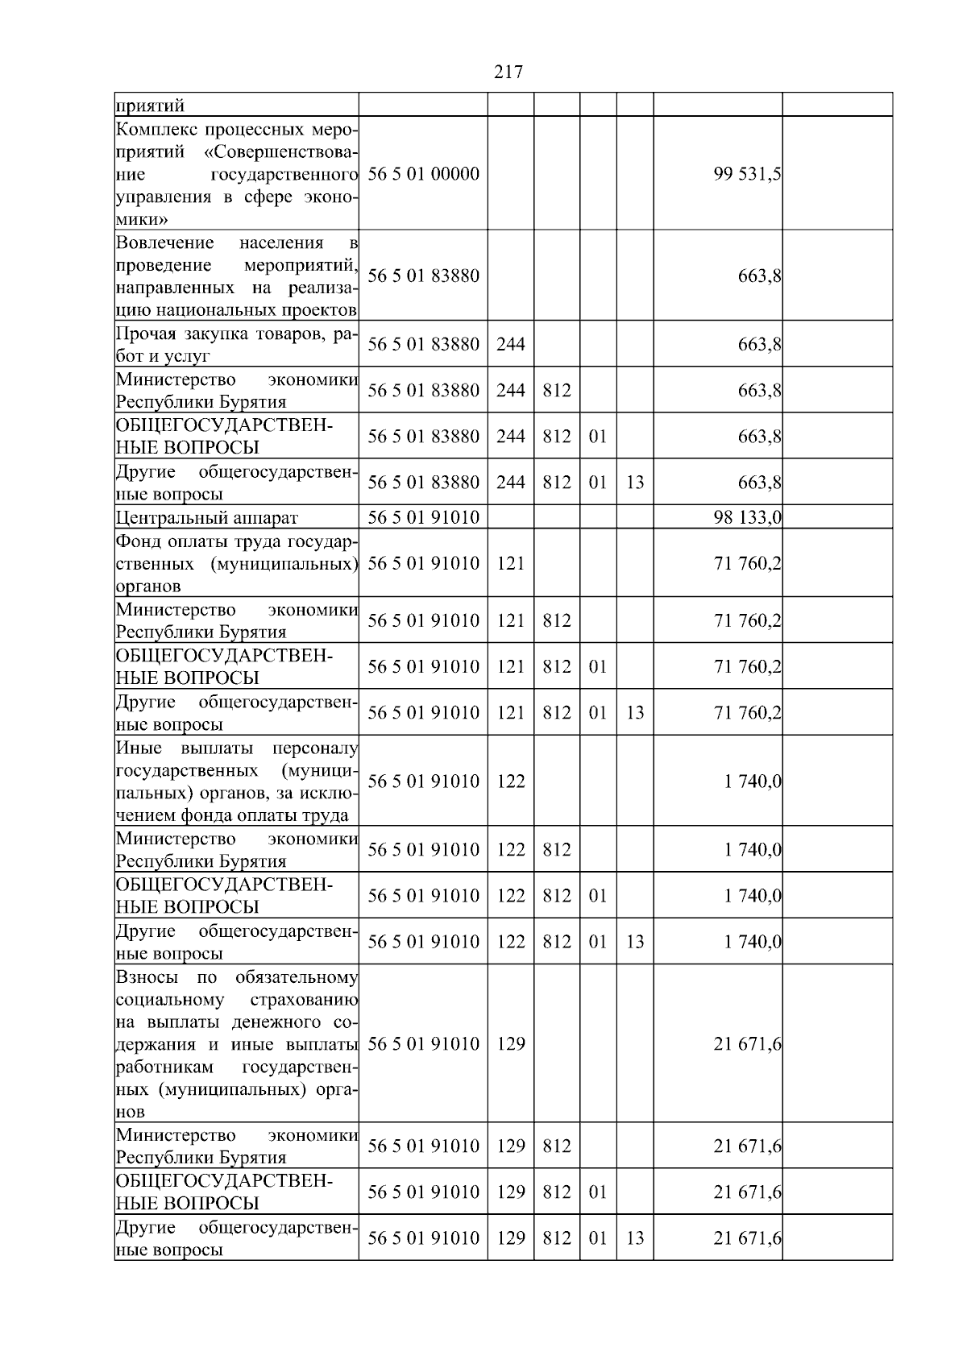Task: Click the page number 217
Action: (x=508, y=73)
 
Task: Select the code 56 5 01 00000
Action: (x=423, y=174)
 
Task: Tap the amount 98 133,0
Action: (x=747, y=517)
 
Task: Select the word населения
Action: (x=281, y=243)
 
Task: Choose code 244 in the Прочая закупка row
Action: (x=511, y=344)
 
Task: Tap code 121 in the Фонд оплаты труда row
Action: (x=511, y=563)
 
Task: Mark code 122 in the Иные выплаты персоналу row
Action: (x=511, y=781)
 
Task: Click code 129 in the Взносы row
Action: (x=511, y=1043)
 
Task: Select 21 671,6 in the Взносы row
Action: (x=747, y=1043)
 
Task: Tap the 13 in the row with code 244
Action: (x=635, y=482)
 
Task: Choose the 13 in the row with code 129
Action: (x=635, y=1237)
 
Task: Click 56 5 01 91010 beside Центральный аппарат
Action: (x=423, y=517)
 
